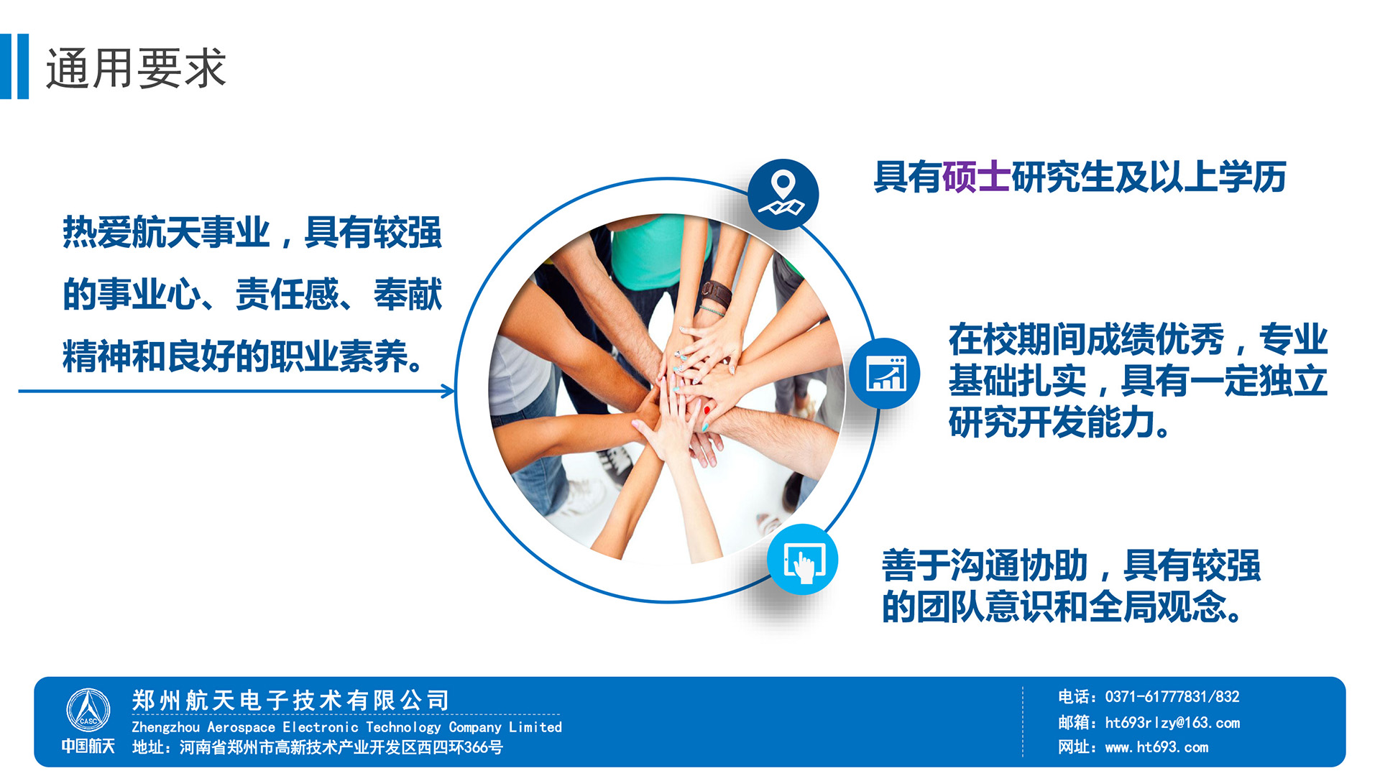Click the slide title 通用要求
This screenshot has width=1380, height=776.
click(x=136, y=69)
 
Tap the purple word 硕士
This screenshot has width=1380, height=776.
click(x=976, y=177)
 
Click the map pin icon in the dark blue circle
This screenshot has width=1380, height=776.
click(x=783, y=193)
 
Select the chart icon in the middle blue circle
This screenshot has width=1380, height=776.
click(x=885, y=374)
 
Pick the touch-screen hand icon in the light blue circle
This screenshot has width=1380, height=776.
click(x=803, y=560)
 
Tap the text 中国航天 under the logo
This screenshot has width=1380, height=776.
click(x=88, y=746)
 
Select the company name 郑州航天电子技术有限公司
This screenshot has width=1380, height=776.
click(x=290, y=700)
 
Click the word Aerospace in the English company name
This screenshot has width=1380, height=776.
click(x=241, y=727)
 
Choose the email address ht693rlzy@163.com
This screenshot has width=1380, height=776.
click(x=1172, y=723)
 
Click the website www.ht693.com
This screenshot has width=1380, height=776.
click(x=1156, y=747)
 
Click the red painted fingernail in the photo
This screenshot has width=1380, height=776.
click(x=707, y=410)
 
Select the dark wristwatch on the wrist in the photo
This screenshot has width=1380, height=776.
click(x=716, y=292)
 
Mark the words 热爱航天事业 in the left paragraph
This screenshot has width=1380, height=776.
click(x=166, y=232)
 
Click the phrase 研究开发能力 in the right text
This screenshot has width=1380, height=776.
click(x=1052, y=422)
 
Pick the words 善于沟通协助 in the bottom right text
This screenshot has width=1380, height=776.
click(x=985, y=565)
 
